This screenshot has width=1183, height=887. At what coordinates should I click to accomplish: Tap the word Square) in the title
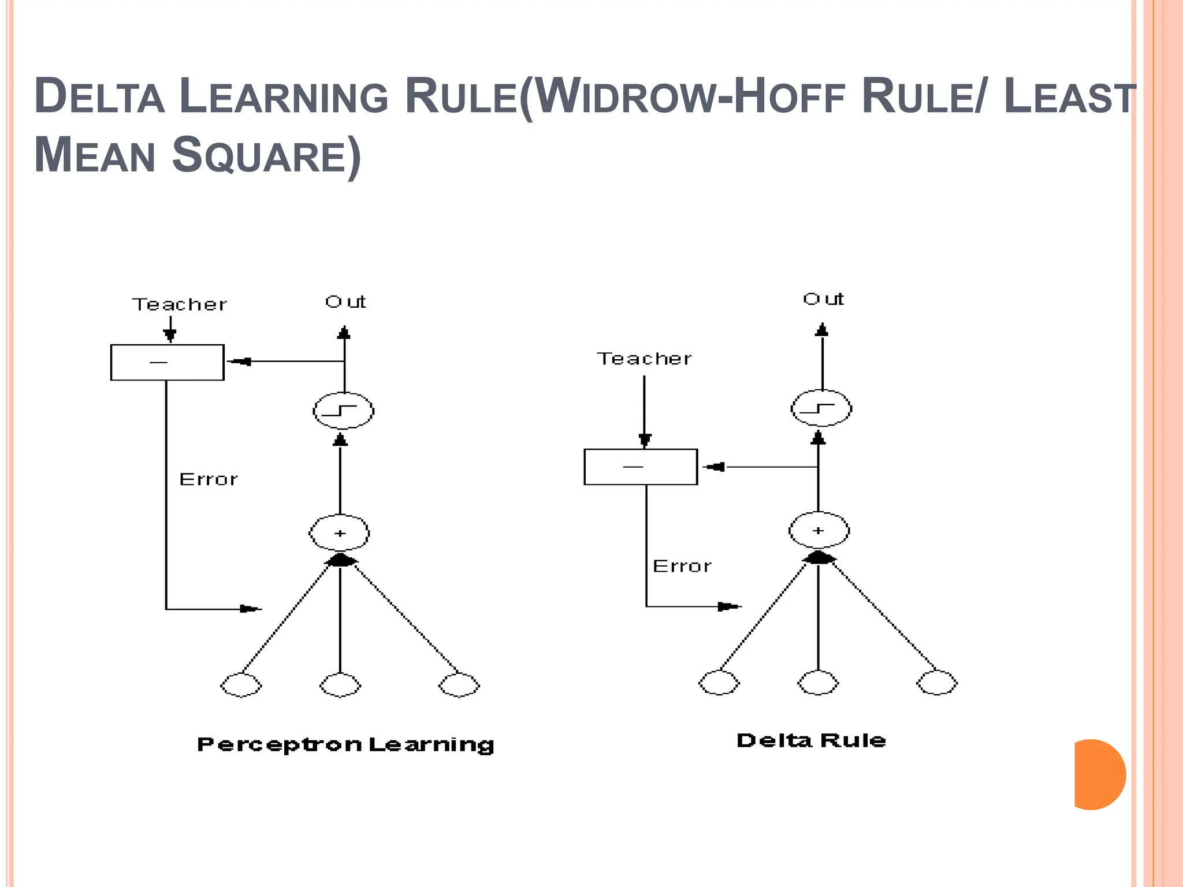click(266, 155)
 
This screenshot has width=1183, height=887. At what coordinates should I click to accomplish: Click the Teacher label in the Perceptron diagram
click(180, 304)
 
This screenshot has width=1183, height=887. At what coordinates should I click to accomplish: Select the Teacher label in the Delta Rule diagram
click(644, 359)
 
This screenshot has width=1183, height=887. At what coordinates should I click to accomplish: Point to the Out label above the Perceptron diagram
click(345, 301)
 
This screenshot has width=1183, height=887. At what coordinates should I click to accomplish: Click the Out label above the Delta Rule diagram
click(823, 299)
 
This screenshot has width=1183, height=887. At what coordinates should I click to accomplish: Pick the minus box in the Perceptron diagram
click(167, 362)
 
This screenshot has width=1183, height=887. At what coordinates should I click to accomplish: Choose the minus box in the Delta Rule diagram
click(641, 467)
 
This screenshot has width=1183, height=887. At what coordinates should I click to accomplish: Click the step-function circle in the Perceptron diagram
click(343, 411)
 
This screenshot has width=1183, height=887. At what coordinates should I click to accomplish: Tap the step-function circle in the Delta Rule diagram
click(821, 408)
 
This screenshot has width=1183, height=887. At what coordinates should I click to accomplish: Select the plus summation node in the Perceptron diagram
click(340, 532)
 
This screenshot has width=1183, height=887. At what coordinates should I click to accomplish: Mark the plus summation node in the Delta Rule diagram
click(819, 530)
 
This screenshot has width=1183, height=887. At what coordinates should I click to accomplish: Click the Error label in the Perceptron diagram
click(209, 479)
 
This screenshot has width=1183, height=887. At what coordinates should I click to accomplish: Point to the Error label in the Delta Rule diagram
click(682, 566)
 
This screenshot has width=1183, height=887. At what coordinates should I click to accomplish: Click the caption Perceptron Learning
click(345, 744)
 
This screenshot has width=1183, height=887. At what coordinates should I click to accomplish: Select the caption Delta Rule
click(811, 740)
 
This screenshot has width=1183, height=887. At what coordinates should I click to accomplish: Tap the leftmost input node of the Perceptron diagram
click(241, 685)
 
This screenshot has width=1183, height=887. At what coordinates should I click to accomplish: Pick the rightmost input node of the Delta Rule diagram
click(937, 683)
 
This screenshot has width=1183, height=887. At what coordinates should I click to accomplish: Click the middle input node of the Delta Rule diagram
click(818, 683)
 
